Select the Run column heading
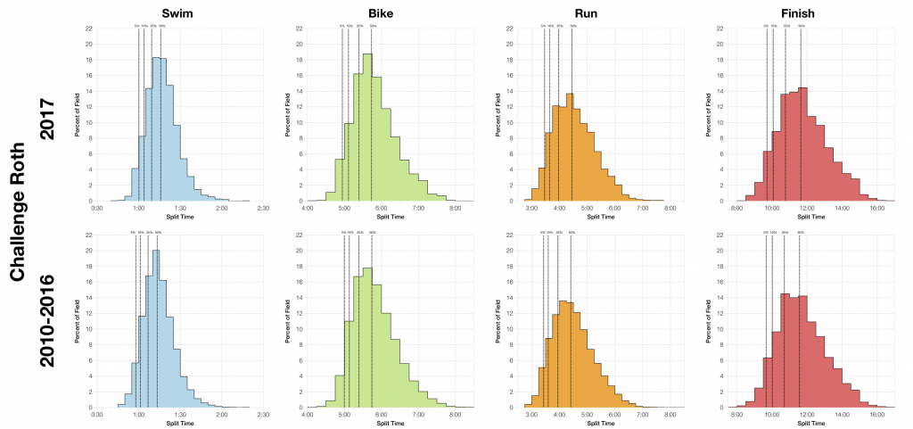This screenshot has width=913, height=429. click(596, 12)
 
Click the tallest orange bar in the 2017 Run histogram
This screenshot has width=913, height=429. click(569, 147)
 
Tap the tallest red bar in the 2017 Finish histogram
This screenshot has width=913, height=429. click(802, 144)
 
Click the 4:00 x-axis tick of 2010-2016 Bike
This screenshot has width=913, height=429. click(308, 414)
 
